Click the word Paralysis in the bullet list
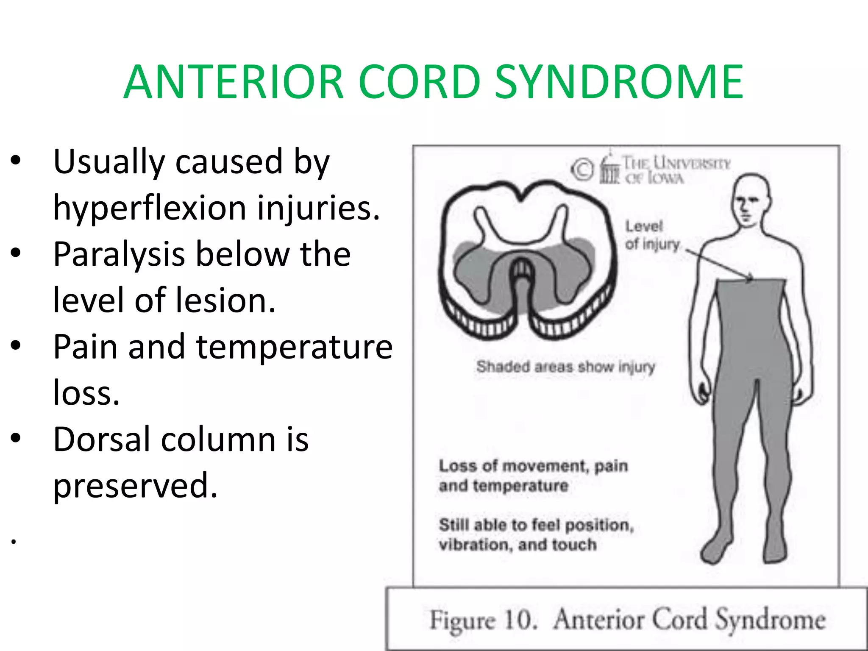point(119,254)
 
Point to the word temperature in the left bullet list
point(294,347)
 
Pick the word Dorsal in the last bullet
point(102,440)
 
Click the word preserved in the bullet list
point(135,486)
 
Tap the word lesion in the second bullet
point(225,300)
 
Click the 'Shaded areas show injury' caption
point(565,367)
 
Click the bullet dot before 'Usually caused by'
point(16,162)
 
